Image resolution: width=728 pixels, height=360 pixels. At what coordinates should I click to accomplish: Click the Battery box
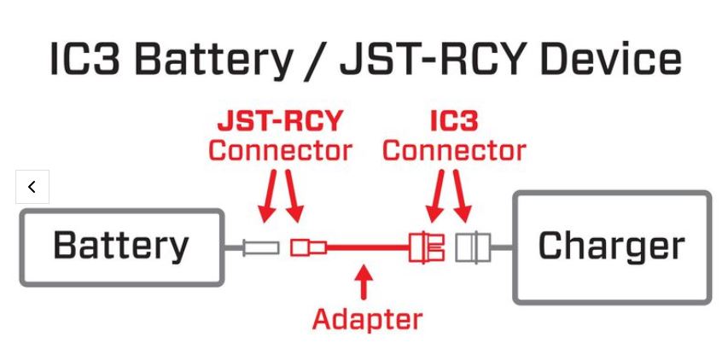click(121, 247)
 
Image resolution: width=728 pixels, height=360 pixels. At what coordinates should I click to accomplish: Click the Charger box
click(611, 247)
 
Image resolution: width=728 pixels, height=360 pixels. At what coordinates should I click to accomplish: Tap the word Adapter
click(367, 319)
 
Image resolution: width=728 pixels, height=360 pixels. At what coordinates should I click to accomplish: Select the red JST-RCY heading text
click(279, 121)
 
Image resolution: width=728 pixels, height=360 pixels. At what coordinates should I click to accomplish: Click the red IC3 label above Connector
click(453, 121)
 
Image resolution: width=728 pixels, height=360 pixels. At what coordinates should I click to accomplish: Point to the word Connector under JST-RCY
click(280, 151)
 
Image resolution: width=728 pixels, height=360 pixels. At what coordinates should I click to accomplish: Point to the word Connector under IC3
click(454, 151)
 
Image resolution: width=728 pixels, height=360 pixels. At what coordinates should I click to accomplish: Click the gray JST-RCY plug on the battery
click(260, 248)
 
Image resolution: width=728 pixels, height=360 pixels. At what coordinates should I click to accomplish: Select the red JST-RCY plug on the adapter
click(306, 248)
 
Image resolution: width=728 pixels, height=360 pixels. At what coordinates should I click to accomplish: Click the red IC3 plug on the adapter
click(427, 248)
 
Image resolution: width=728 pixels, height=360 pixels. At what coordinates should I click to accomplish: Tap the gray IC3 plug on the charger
click(470, 248)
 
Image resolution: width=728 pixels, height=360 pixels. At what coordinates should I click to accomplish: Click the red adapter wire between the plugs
click(367, 248)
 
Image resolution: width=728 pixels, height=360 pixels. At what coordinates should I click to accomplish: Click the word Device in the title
click(612, 60)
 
